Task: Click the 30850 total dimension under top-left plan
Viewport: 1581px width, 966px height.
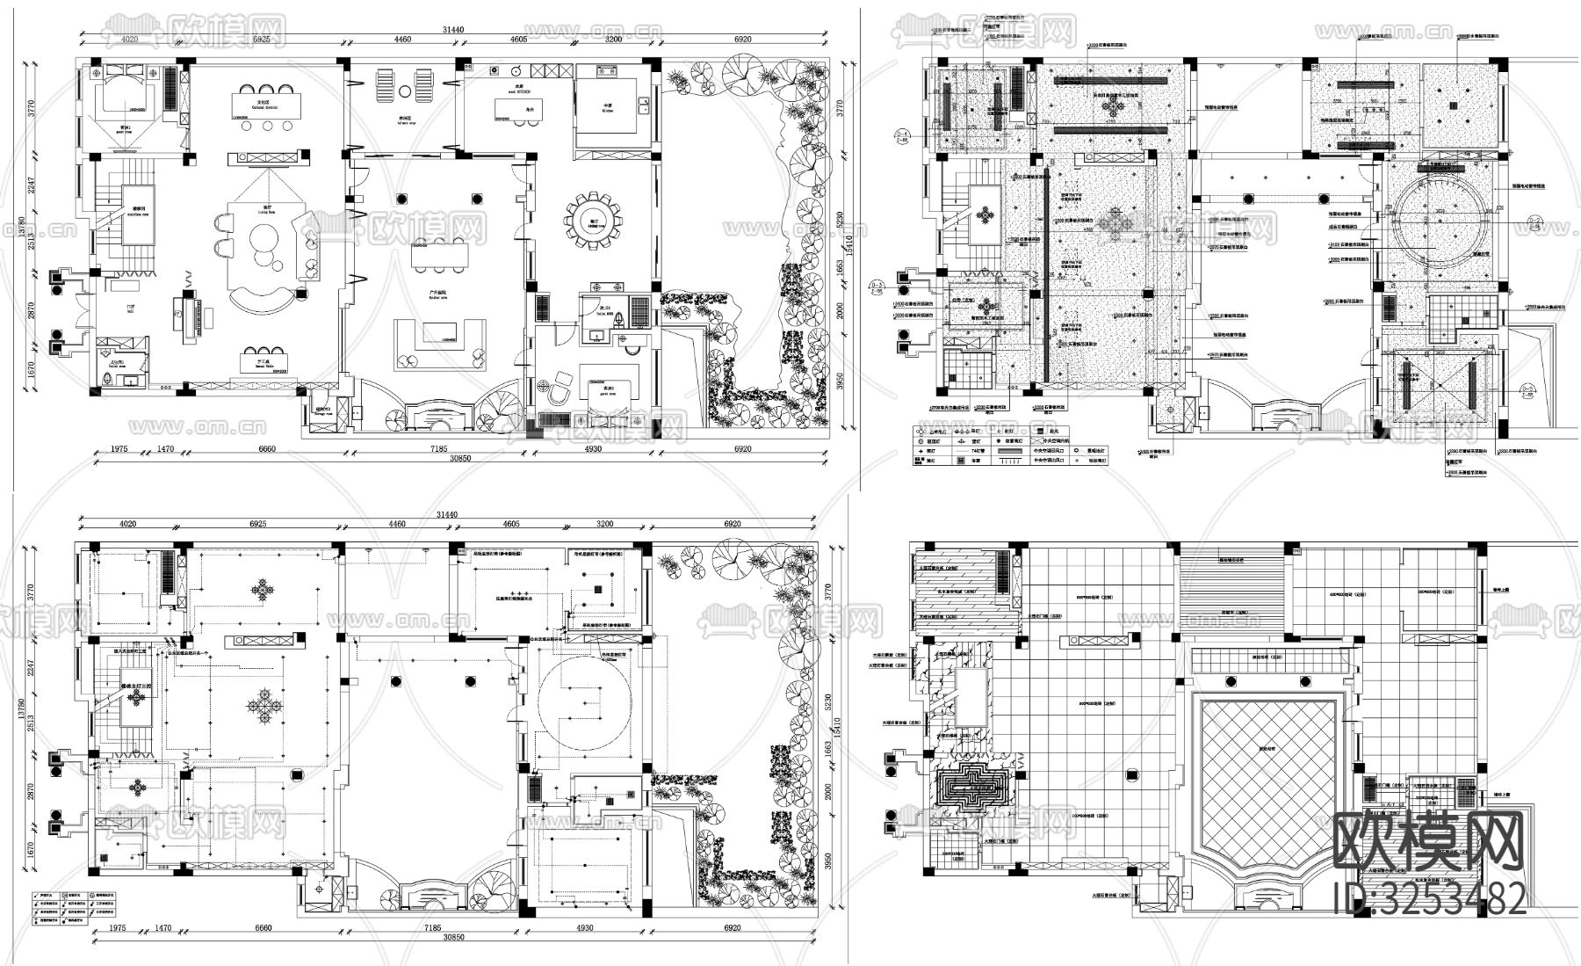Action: click(x=453, y=459)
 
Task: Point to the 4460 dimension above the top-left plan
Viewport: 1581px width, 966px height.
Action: click(x=402, y=40)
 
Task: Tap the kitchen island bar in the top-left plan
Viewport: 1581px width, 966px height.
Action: click(x=517, y=108)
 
